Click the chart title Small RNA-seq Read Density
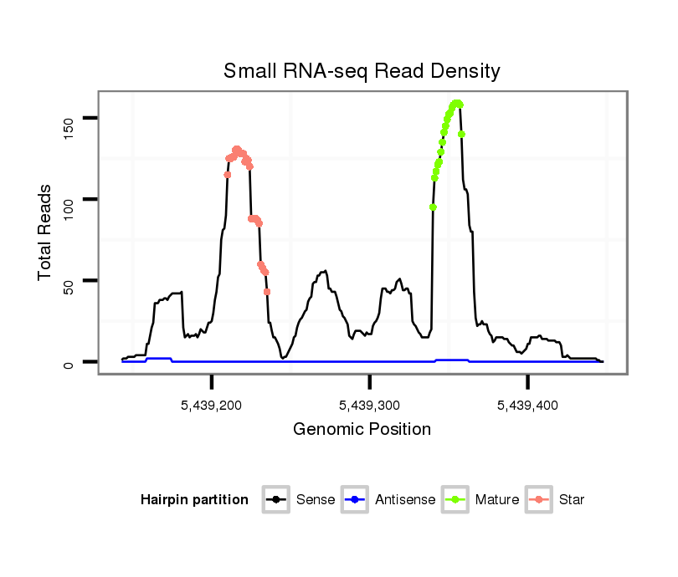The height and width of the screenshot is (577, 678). [362, 71]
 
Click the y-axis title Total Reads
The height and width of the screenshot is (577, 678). [45, 232]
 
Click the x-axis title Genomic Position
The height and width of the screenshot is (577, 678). [362, 430]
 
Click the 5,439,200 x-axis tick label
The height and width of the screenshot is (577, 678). [212, 405]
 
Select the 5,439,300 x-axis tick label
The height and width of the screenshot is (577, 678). [369, 405]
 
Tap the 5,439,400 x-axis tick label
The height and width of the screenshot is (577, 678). [527, 405]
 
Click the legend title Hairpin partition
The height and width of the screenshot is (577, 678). [194, 500]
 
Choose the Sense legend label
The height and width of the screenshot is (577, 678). [316, 500]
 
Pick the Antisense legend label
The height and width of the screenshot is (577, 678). [405, 500]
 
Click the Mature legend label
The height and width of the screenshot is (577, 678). [497, 500]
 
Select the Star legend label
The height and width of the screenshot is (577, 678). [572, 500]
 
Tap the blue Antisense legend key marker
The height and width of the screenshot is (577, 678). [356, 500]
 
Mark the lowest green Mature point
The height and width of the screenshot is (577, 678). [433, 207]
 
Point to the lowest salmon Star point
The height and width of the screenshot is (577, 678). [267, 292]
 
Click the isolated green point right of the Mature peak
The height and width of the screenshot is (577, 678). [461, 134]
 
